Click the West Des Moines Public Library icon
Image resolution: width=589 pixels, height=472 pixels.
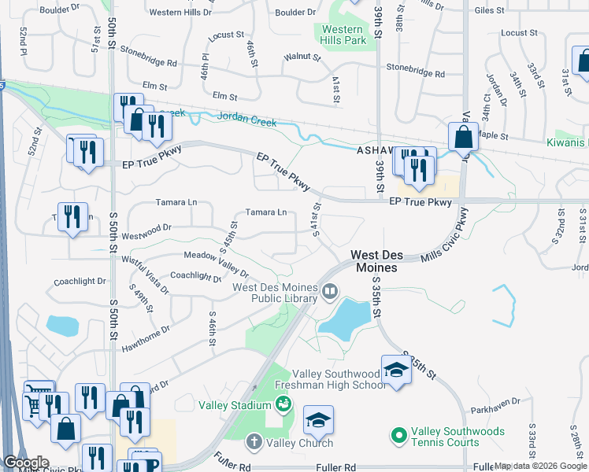click(x=330, y=293)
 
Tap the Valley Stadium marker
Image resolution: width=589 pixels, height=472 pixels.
click(x=283, y=405)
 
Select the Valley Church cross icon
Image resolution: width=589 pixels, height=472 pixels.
click(x=254, y=442)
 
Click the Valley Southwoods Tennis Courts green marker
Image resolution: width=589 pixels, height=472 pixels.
click(x=398, y=434)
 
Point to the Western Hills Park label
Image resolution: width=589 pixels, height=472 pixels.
click(x=343, y=34)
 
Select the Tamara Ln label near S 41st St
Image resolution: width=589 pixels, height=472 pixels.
click(x=266, y=212)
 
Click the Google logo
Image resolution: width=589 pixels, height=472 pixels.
click(x=26, y=463)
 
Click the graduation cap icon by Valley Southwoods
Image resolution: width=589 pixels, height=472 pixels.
click(x=396, y=371)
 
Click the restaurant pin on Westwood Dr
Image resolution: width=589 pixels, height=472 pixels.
click(x=73, y=217)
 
